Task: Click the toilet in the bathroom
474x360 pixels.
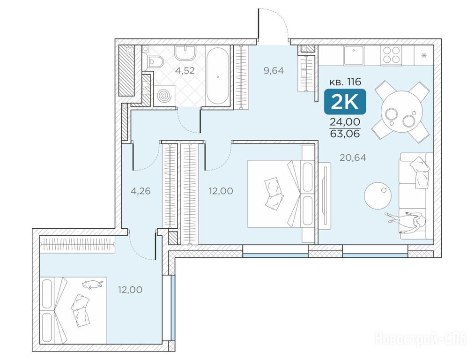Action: (x=154, y=61)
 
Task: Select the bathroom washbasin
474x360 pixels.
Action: (x=185, y=52)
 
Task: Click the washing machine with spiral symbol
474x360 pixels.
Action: (x=164, y=96)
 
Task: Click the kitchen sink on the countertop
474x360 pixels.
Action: (x=353, y=55)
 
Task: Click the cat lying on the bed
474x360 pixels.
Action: (x=92, y=284)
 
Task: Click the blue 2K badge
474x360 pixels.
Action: (x=345, y=102)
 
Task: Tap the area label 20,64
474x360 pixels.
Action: (x=353, y=157)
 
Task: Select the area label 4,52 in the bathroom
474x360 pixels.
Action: (x=185, y=71)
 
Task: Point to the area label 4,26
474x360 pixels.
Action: (x=141, y=191)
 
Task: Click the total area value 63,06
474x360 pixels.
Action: (x=345, y=134)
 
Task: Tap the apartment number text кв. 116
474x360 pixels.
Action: (x=345, y=82)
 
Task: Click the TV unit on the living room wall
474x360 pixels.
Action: (x=325, y=194)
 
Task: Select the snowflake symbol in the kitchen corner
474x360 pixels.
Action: (x=424, y=55)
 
